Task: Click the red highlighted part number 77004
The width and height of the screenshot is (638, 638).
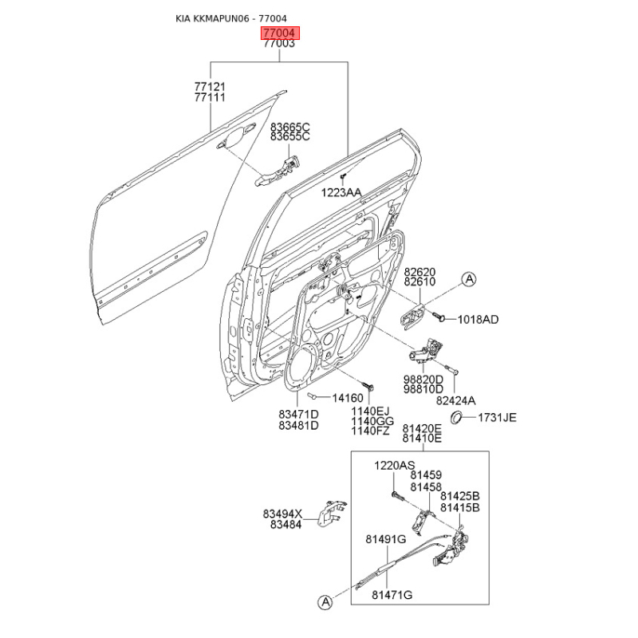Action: (x=279, y=33)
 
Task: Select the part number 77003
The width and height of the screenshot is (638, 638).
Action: (x=279, y=44)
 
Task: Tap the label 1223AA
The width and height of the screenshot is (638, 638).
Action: (x=341, y=192)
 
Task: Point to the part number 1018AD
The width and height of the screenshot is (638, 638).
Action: (x=478, y=320)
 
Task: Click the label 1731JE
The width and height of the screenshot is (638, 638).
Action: (x=497, y=417)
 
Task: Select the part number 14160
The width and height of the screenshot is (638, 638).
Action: (x=348, y=398)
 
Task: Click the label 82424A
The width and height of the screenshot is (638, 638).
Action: (x=455, y=400)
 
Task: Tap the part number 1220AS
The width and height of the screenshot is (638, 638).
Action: (x=395, y=465)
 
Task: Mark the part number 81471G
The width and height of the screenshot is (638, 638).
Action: (x=392, y=595)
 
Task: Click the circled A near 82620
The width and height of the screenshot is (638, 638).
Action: (x=469, y=279)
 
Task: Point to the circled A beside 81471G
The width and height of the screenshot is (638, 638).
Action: (x=325, y=603)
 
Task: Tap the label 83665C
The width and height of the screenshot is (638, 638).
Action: (x=289, y=127)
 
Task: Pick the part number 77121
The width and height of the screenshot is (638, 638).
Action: (x=210, y=86)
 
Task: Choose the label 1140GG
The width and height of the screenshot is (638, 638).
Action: (x=372, y=421)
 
